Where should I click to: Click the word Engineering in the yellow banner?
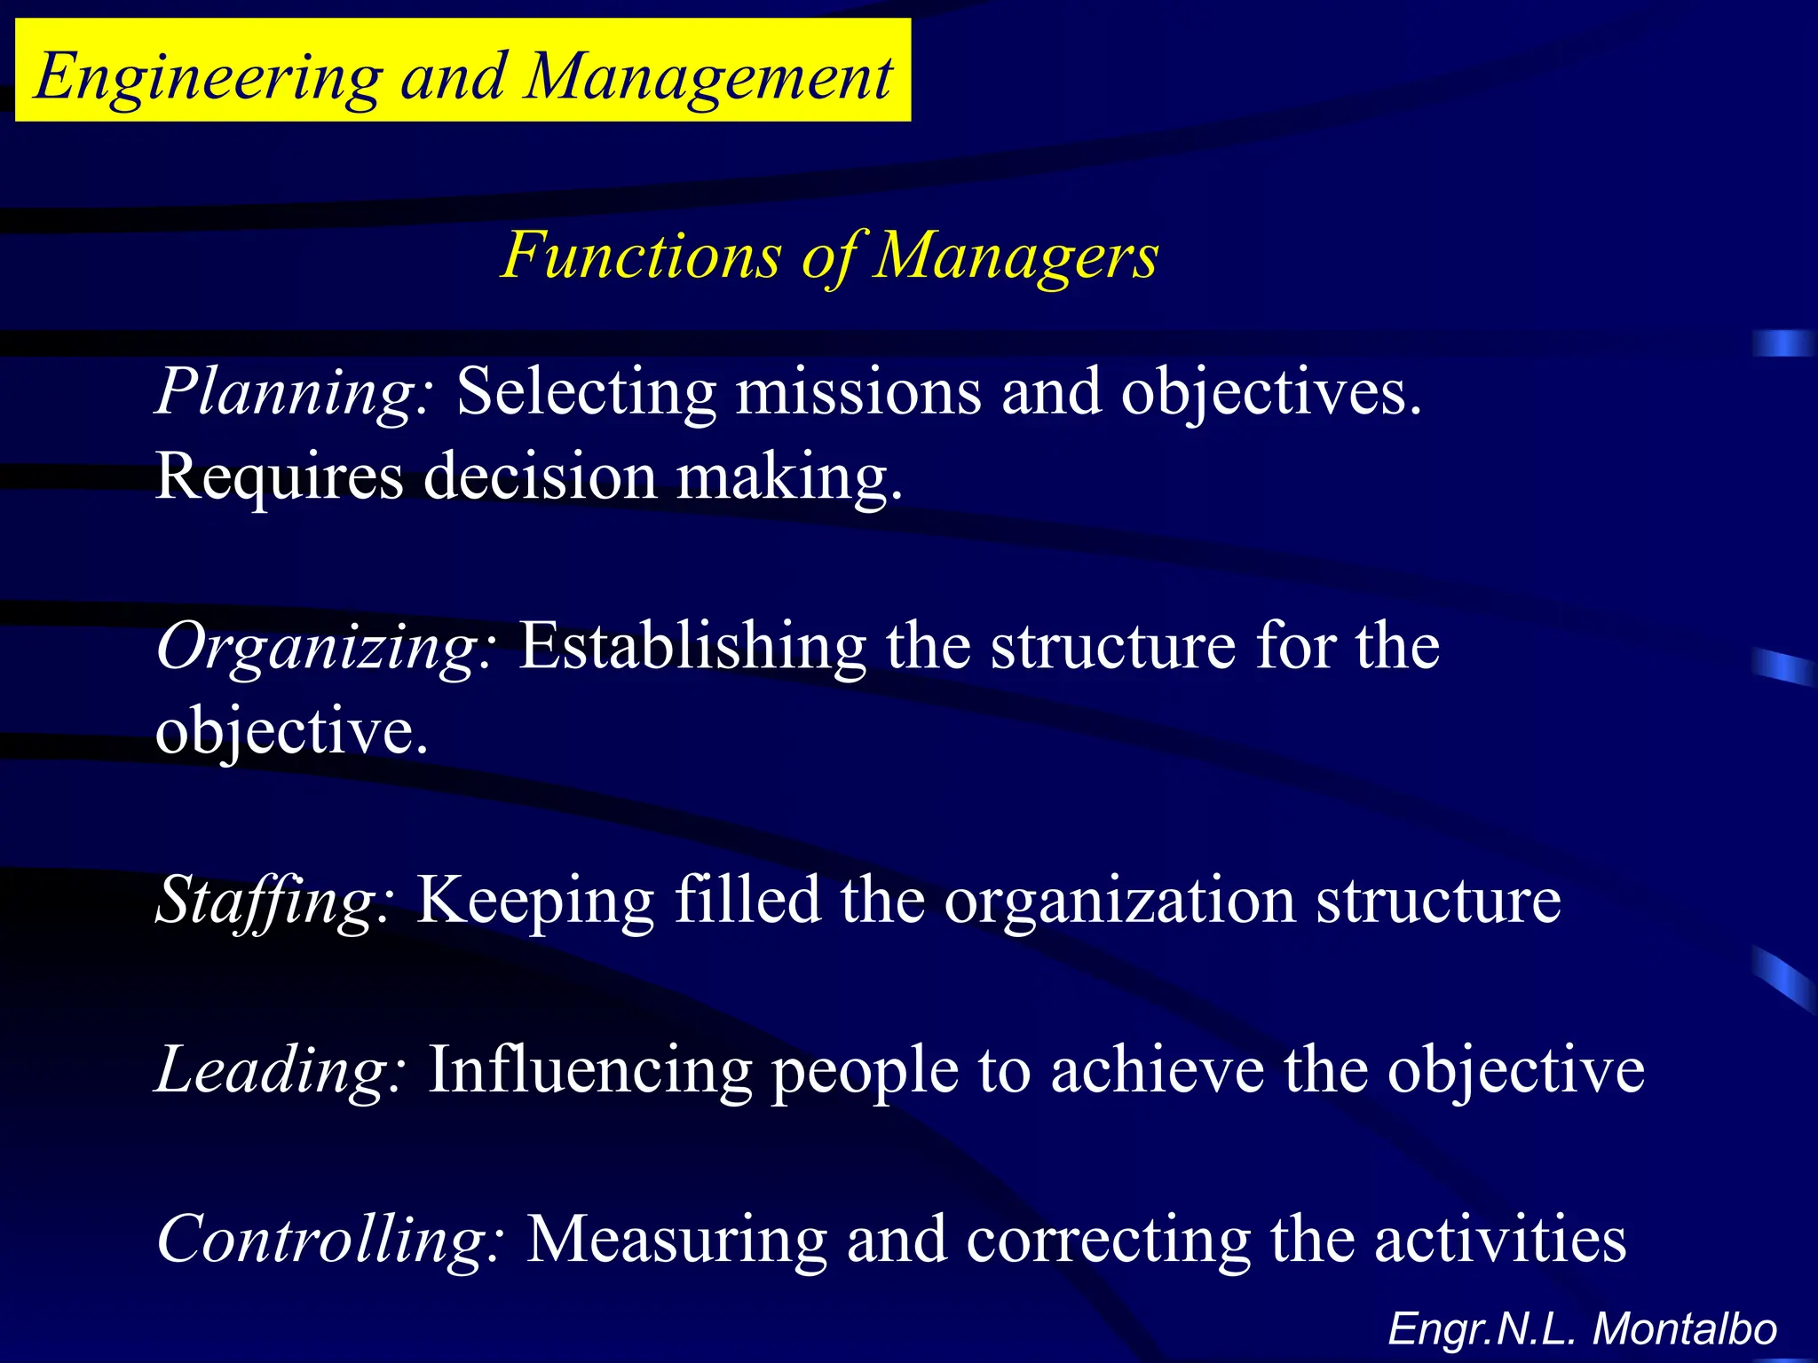coord(209,78)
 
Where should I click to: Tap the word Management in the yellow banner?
coord(707,78)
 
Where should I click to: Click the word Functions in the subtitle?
coord(642,256)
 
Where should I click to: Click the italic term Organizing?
coord(325,647)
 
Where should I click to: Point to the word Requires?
coord(279,477)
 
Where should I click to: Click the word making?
coord(789,477)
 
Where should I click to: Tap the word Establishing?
coord(692,647)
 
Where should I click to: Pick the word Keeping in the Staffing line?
coord(535,901)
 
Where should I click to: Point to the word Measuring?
coord(676,1240)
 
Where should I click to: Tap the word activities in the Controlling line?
coord(1500,1240)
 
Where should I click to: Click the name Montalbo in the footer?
coord(1684,1329)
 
